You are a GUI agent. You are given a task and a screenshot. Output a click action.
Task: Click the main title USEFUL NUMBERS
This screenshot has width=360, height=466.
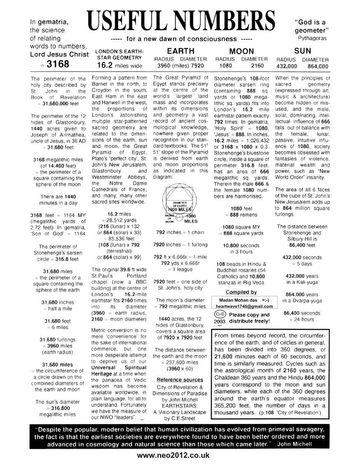pyautogui.click(x=180, y=19)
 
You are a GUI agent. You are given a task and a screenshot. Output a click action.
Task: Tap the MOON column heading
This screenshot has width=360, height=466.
pyautogui.click(x=242, y=51)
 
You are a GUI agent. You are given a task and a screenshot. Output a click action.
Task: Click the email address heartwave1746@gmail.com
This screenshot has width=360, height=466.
pyautogui.click(x=242, y=306)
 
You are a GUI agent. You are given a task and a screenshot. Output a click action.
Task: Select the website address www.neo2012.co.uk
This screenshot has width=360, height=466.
pyautogui.click(x=179, y=455)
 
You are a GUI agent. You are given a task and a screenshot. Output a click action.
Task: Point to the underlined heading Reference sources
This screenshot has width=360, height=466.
pyautogui.click(x=180, y=380)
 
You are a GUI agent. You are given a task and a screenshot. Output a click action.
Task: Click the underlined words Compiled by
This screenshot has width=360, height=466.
pyautogui.click(x=242, y=292)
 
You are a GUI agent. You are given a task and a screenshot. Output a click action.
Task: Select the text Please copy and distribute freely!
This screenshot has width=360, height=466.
pyautogui.click(x=249, y=317)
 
